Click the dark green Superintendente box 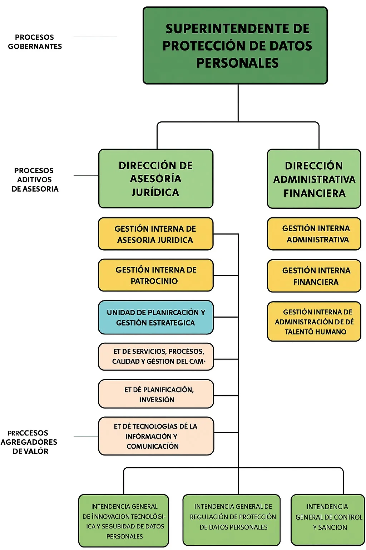(235, 45)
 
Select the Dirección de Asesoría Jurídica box (156, 179)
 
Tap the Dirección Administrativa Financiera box (314, 179)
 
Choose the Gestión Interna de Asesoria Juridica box (156, 234)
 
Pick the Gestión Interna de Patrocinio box (156, 275)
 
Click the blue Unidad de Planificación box (156, 317)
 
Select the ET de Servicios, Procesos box (156, 356)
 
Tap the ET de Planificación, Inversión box (156, 394)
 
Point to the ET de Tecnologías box (156, 436)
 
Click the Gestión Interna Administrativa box (314, 234)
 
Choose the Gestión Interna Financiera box (314, 276)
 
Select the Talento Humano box (314, 322)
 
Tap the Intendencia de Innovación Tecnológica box (124, 521)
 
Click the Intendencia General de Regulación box (232, 520)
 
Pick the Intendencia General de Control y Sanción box (328, 520)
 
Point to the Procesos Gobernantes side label (35, 42)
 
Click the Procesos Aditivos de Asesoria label (35, 180)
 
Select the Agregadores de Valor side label (29, 442)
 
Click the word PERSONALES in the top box (237, 63)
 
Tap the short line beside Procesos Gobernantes (95, 37)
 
